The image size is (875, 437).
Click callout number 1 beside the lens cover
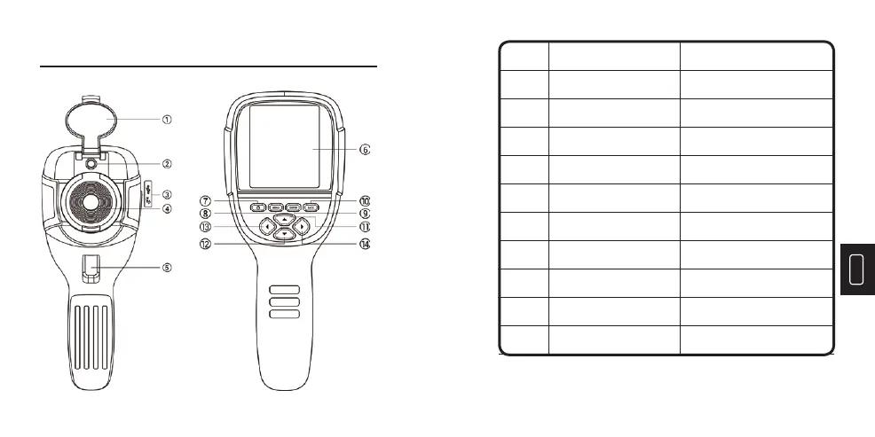[167, 118]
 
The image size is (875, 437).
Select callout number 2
[167, 163]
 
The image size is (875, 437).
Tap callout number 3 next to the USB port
[167, 194]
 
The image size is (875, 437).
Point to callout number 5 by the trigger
[167, 267]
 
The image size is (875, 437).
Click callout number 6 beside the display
[364, 150]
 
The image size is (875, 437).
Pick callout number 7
[205, 200]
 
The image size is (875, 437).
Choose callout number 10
[364, 200]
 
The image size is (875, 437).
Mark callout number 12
[205, 244]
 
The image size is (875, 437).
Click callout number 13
[205, 227]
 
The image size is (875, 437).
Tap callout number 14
[364, 244]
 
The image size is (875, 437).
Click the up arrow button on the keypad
[283, 218]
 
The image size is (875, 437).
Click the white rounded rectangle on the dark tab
[856, 269]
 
